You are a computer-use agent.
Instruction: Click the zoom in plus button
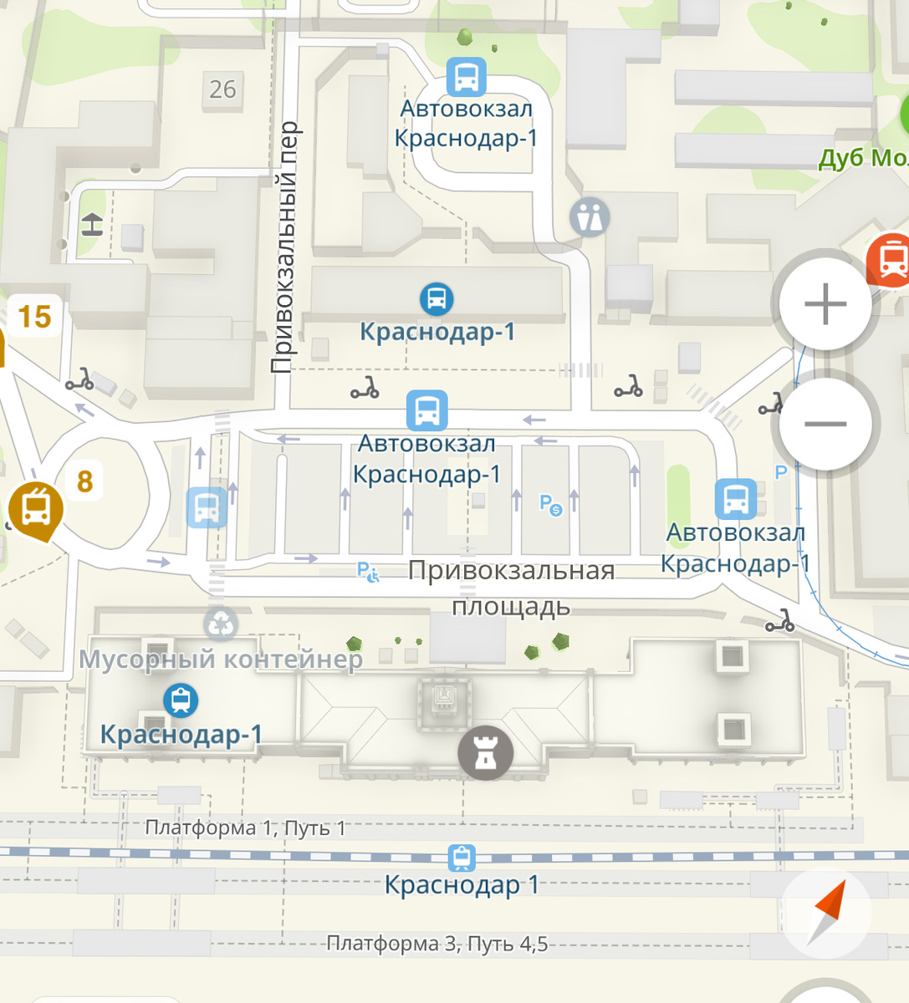pyautogui.click(x=825, y=303)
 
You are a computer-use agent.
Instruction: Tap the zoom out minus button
pyautogui.click(x=825, y=425)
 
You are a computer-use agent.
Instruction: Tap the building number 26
pyautogui.click(x=222, y=89)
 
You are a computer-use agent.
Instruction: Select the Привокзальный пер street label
pyautogui.click(x=284, y=247)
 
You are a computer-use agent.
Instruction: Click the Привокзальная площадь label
pyautogui.click(x=511, y=588)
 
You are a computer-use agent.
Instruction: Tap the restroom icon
pyautogui.click(x=590, y=217)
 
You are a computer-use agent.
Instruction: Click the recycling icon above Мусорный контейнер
pyautogui.click(x=221, y=623)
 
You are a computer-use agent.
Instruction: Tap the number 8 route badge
pyautogui.click(x=84, y=481)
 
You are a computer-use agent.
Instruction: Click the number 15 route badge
pyautogui.click(x=34, y=317)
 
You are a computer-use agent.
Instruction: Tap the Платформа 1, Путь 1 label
pyautogui.click(x=245, y=828)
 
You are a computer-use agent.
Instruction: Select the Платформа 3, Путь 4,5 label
pyautogui.click(x=437, y=944)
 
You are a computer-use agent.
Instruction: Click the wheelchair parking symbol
pyautogui.click(x=368, y=572)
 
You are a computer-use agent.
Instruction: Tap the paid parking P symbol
pyautogui.click(x=549, y=504)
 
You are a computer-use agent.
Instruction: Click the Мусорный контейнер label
pyautogui.click(x=221, y=659)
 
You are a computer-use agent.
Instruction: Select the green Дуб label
pyautogui.click(x=861, y=158)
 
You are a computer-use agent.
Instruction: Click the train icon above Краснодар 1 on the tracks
pyautogui.click(x=461, y=858)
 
